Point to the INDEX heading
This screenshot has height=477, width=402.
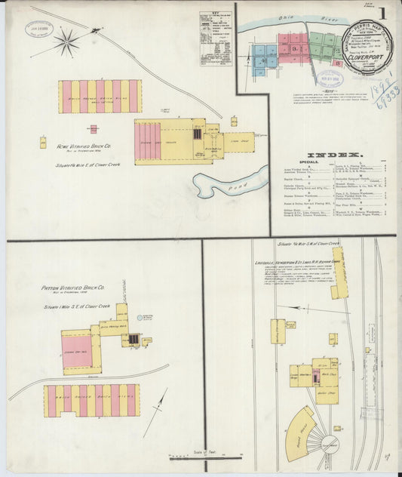(x=333, y=155)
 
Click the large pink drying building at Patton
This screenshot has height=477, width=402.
(x=77, y=351)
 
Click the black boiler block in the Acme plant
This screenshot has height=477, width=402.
(x=197, y=134)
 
